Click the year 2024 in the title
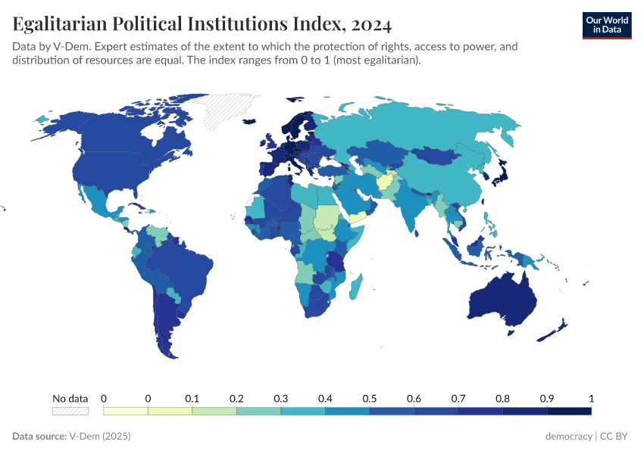[371, 25]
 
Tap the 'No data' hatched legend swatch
[70, 411]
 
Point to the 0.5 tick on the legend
[370, 398]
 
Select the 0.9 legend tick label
[547, 398]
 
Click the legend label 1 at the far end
[591, 398]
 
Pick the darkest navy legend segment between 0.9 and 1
[569, 411]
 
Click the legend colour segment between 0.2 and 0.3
[258, 411]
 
